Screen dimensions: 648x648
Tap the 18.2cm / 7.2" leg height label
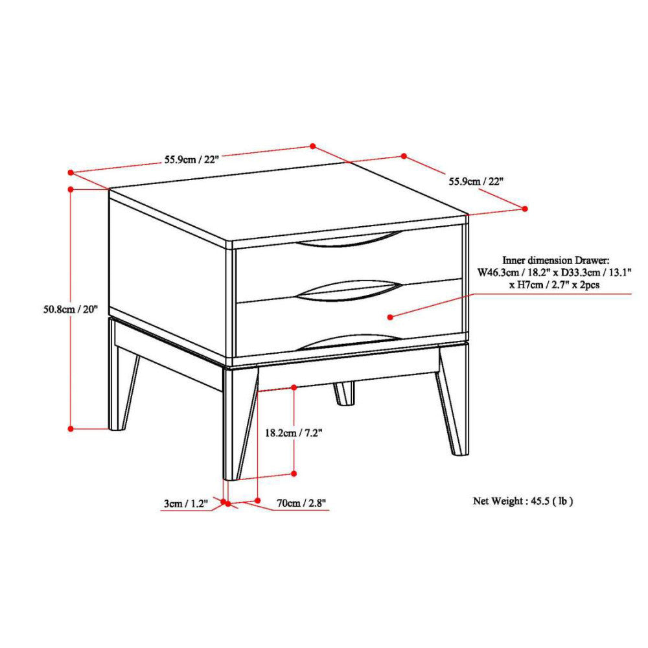click(x=294, y=432)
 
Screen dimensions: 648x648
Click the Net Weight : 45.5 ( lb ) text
click(x=522, y=500)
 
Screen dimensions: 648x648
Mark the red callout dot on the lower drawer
click(x=391, y=317)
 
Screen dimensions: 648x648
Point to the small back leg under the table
click(x=345, y=394)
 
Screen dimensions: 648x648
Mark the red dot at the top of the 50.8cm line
click(x=70, y=189)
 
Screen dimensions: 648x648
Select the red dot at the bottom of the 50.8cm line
click(x=70, y=428)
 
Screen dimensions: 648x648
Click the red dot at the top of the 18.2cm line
click(x=294, y=387)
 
